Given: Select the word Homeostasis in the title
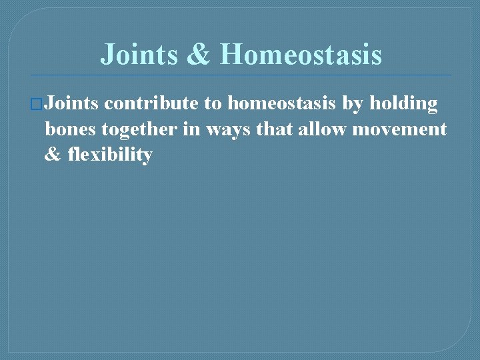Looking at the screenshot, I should [301, 54].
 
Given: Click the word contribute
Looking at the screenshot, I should [151, 104].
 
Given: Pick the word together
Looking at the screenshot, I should [140, 129].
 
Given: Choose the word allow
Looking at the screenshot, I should [323, 129].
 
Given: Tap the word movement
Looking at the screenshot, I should [399, 129].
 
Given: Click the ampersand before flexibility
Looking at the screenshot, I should [52, 155].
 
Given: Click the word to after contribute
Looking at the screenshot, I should [211, 104].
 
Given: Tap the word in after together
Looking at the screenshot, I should [191, 129].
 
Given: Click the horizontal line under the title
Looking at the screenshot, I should [240, 75].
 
